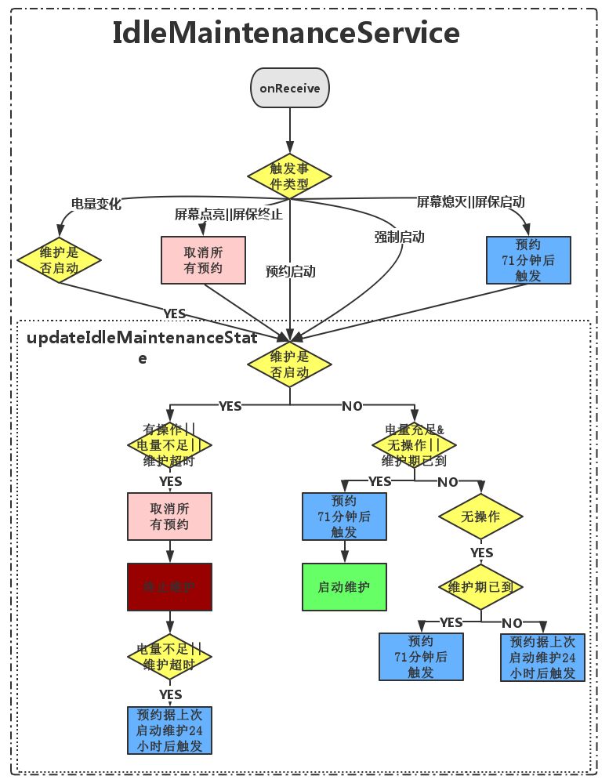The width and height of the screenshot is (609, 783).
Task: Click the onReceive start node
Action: (x=290, y=88)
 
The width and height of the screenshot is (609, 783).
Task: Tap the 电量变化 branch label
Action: (x=96, y=204)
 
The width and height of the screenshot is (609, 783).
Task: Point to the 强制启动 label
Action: (x=399, y=237)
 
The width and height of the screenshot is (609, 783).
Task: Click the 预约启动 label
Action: (x=290, y=271)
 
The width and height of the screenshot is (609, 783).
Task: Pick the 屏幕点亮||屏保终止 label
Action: (x=228, y=214)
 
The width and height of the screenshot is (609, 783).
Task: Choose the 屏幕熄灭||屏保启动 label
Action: (x=470, y=201)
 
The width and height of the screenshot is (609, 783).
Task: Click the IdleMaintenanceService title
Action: (x=285, y=34)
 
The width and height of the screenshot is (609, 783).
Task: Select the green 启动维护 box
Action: (x=344, y=586)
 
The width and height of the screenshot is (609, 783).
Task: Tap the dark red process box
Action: (x=169, y=586)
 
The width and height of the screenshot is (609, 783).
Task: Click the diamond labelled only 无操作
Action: (x=480, y=517)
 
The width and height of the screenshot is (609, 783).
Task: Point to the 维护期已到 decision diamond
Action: (x=480, y=586)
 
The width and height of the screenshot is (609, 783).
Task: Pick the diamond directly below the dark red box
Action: (x=169, y=657)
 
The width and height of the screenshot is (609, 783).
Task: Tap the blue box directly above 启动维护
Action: (x=344, y=517)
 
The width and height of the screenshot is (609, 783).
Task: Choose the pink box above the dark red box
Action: (x=169, y=517)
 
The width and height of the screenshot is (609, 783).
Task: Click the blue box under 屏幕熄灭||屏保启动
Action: (x=528, y=259)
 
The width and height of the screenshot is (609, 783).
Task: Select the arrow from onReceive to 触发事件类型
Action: (x=290, y=129)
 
